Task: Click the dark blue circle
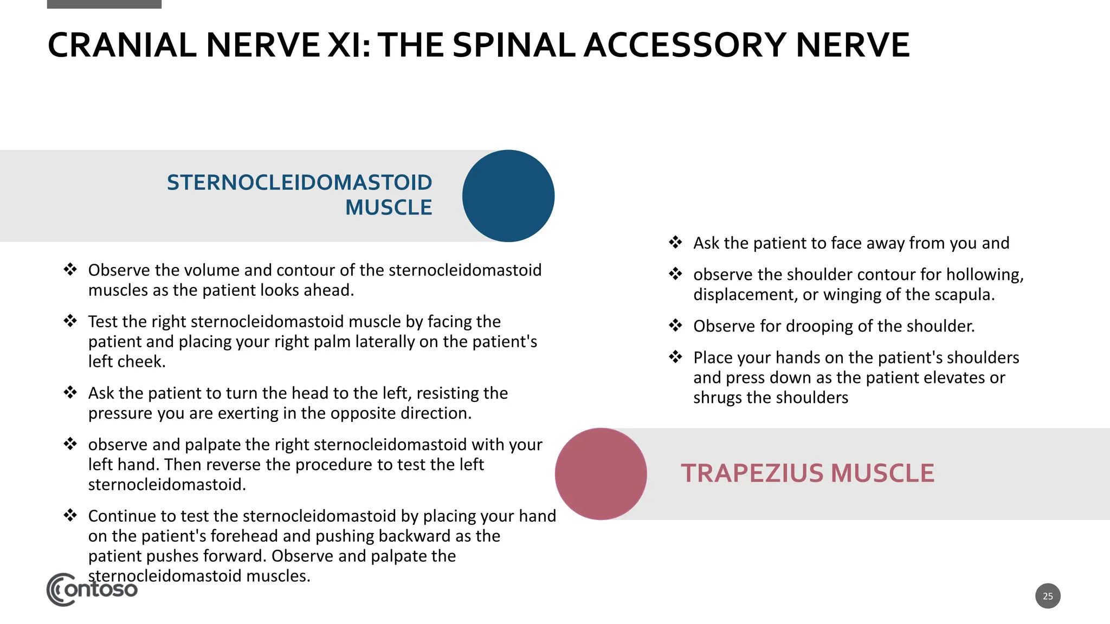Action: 508,196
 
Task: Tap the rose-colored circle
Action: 601,474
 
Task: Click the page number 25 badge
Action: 1048,596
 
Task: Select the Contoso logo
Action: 92,589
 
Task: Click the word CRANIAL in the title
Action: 122,45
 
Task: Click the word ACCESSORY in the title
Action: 685,45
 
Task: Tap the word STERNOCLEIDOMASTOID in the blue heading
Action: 299,183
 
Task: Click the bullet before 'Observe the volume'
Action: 70,269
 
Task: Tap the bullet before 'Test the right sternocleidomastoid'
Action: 70,321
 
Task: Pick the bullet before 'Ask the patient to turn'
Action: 70,392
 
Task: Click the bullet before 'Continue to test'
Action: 70,515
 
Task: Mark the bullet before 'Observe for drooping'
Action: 675,326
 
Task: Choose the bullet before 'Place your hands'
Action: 675,357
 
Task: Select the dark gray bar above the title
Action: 104,4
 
